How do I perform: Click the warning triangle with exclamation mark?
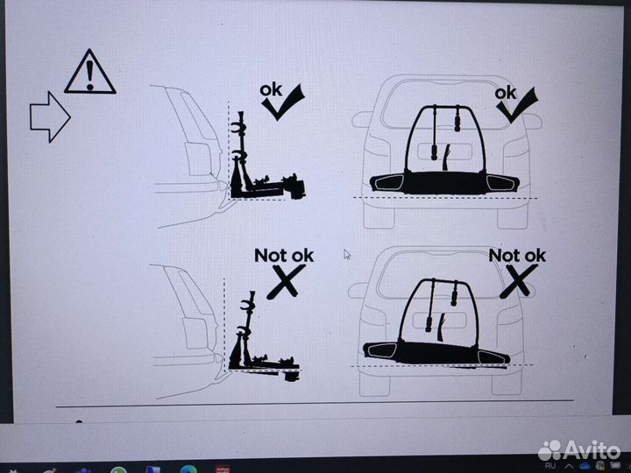click(89, 73)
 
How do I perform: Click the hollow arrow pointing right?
click(50, 117)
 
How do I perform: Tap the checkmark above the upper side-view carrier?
click(284, 102)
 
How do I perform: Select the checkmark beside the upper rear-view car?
click(518, 105)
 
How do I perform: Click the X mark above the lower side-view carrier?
click(286, 281)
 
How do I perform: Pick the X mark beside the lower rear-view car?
click(518, 280)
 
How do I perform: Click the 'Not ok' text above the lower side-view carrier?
click(284, 256)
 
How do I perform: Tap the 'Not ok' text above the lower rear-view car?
click(517, 256)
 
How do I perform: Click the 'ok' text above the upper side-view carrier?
click(271, 90)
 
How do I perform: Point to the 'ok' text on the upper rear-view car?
click(505, 94)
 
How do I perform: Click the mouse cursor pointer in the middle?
click(347, 254)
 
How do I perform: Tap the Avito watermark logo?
click(578, 450)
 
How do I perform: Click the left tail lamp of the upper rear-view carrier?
click(387, 183)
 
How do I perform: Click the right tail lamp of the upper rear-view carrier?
click(500, 183)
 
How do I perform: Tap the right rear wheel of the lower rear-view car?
click(507, 385)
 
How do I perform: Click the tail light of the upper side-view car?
click(199, 159)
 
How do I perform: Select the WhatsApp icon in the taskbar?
click(118, 469)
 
